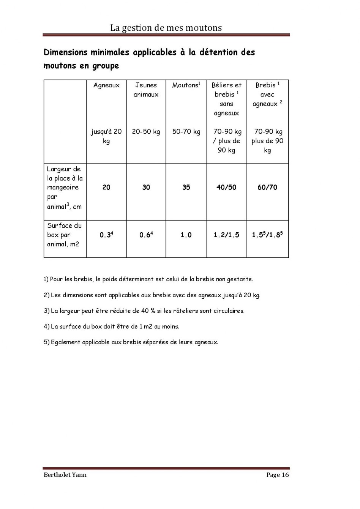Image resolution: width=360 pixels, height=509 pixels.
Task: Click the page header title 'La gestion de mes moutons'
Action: pos(166,28)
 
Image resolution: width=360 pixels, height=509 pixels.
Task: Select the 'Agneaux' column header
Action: pos(106,85)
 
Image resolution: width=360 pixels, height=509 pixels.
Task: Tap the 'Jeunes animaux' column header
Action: pos(146,90)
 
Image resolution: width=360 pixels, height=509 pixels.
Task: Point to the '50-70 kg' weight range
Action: pos(186,132)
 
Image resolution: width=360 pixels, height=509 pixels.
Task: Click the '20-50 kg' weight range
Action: pos(146,132)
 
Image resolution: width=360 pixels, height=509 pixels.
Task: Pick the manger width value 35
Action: pos(186,187)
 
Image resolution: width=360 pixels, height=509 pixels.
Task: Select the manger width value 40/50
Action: pos(226,187)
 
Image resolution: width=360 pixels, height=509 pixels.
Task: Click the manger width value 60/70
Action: pos(267,187)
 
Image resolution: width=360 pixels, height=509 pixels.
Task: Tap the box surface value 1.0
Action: pos(186,235)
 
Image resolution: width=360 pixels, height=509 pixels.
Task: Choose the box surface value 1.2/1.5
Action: pos(226,235)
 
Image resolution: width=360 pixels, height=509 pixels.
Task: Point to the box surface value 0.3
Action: pos(106,235)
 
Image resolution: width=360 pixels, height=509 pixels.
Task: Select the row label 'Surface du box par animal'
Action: pos(64,235)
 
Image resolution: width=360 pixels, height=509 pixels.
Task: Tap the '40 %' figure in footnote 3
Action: pos(148,311)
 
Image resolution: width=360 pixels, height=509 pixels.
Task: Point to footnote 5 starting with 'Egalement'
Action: pos(131,342)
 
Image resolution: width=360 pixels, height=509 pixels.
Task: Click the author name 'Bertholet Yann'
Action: pos(65,474)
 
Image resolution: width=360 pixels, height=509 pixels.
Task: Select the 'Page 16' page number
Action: pos(278,474)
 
